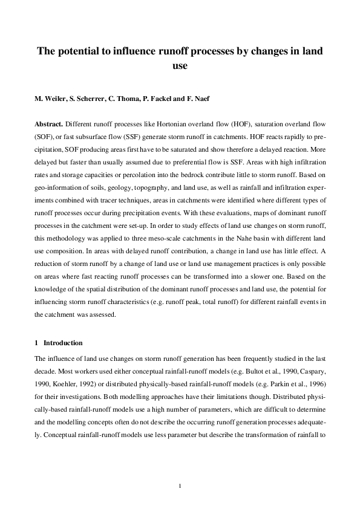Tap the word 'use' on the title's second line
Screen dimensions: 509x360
pos(180,66)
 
